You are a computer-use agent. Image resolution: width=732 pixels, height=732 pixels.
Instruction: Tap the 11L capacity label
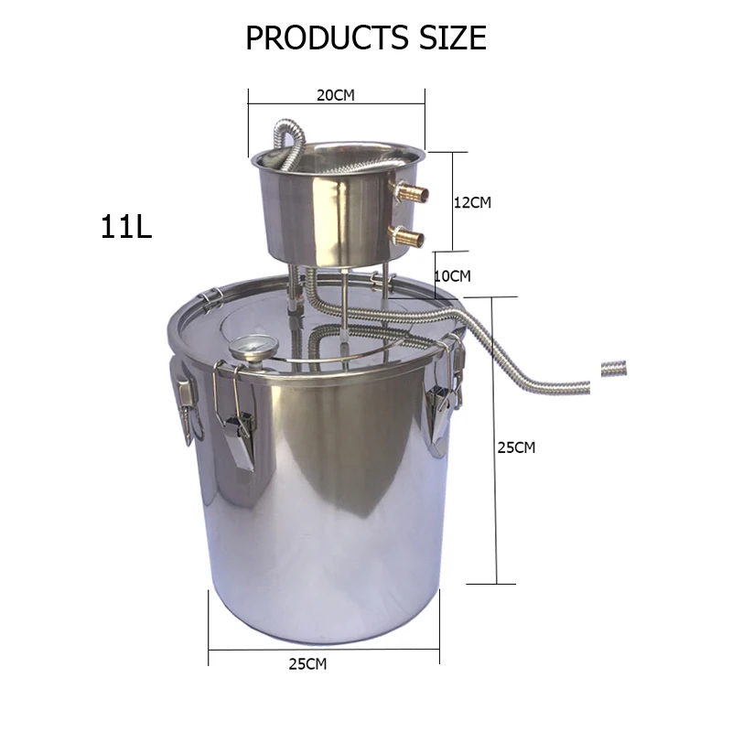pyautogui.click(x=126, y=226)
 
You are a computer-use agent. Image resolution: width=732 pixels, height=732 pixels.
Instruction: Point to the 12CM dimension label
pyautogui.click(x=473, y=202)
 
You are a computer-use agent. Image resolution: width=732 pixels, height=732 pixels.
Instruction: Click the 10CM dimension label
pyautogui.click(x=453, y=274)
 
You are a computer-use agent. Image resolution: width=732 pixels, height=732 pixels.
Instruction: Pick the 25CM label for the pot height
pyautogui.click(x=516, y=447)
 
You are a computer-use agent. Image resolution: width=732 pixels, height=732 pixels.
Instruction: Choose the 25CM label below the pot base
pyautogui.click(x=307, y=664)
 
